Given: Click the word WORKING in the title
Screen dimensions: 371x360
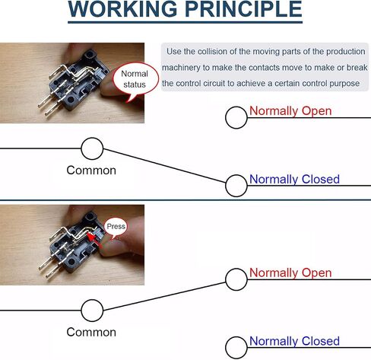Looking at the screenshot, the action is (x=122, y=9).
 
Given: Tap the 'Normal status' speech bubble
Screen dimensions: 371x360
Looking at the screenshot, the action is (x=135, y=80).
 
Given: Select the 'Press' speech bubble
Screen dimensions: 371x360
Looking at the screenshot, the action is (x=116, y=228).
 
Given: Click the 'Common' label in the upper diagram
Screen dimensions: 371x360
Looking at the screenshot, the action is (x=91, y=170).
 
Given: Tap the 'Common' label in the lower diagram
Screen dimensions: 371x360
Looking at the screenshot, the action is (x=91, y=332).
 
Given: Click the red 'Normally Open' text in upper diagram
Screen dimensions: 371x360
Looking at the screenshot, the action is (x=290, y=111).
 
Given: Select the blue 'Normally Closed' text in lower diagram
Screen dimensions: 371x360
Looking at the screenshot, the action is (x=294, y=341).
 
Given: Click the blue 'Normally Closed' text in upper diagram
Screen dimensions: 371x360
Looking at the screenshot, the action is (x=294, y=180).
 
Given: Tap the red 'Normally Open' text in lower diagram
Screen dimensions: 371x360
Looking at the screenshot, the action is (x=290, y=273).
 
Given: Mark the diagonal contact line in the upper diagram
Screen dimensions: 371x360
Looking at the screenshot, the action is (x=164, y=166).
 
